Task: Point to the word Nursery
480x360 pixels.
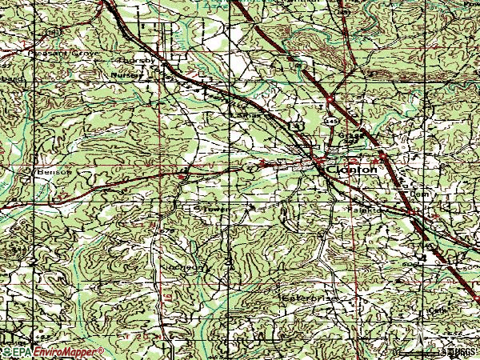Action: (x=130, y=73)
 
